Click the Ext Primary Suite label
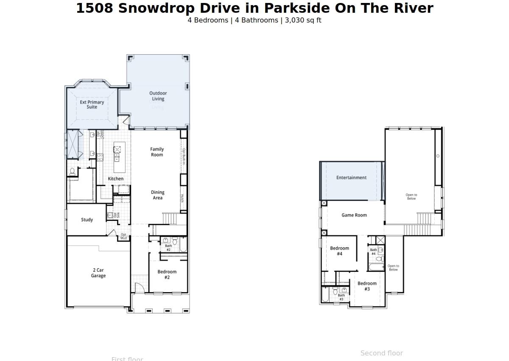(x=92, y=104)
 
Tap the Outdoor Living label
(x=158, y=96)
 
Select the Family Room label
(x=157, y=152)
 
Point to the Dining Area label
(x=157, y=195)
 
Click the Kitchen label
(x=115, y=179)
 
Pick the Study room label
(x=87, y=220)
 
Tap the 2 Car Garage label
(x=98, y=273)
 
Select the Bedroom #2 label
(x=167, y=274)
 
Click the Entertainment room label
(x=351, y=178)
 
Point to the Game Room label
(x=354, y=215)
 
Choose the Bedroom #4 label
(x=339, y=251)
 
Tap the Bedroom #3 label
(x=367, y=286)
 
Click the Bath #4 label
(x=373, y=252)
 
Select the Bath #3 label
(x=341, y=297)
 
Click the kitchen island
(x=119, y=157)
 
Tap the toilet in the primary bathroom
(x=72, y=171)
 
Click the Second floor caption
(x=381, y=353)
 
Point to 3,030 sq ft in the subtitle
(x=303, y=20)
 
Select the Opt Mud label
(x=123, y=236)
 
